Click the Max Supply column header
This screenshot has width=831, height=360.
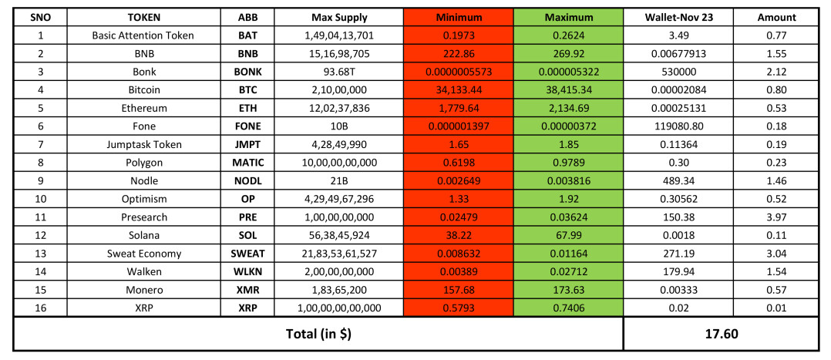coord(339,17)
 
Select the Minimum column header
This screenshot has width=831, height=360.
coord(458,17)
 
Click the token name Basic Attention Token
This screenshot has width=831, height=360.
coord(143,35)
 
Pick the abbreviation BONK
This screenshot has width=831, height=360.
coord(247,72)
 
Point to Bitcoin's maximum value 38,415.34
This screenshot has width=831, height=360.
coord(568,90)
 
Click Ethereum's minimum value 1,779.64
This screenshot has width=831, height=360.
coord(458,109)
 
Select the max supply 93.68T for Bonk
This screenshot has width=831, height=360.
coord(339,72)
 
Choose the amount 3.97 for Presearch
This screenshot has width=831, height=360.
coord(776,217)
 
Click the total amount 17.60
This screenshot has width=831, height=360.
coord(721,335)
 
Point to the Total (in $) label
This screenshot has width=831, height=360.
coord(318,335)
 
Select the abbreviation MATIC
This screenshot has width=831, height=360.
coord(247,163)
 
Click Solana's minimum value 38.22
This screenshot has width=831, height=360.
coord(458,235)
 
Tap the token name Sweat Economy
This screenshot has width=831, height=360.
coord(143,254)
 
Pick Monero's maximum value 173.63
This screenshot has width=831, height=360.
coord(568,290)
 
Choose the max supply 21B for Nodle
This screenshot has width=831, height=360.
coord(339,181)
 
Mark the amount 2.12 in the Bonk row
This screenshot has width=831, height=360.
coord(776,72)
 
